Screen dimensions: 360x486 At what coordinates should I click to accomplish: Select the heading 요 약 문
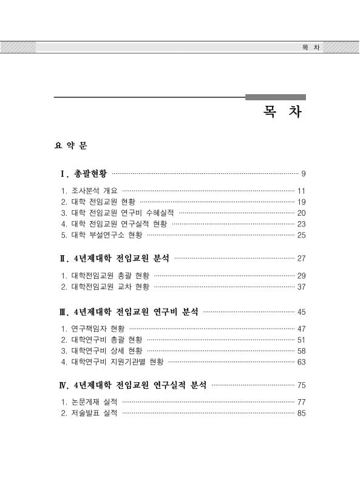[71, 146]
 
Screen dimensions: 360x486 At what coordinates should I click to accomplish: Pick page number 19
[301, 202]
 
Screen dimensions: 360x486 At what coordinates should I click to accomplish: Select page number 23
[301, 224]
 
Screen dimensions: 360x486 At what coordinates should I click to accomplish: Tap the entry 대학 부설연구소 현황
[103, 234]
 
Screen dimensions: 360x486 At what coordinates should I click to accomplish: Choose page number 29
[301, 276]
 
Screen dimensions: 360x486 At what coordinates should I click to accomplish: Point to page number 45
[301, 312]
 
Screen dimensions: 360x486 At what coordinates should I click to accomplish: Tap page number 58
[301, 351]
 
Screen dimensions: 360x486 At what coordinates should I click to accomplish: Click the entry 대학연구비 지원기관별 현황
[112, 362]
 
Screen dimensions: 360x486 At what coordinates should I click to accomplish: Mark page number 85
[301, 414]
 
